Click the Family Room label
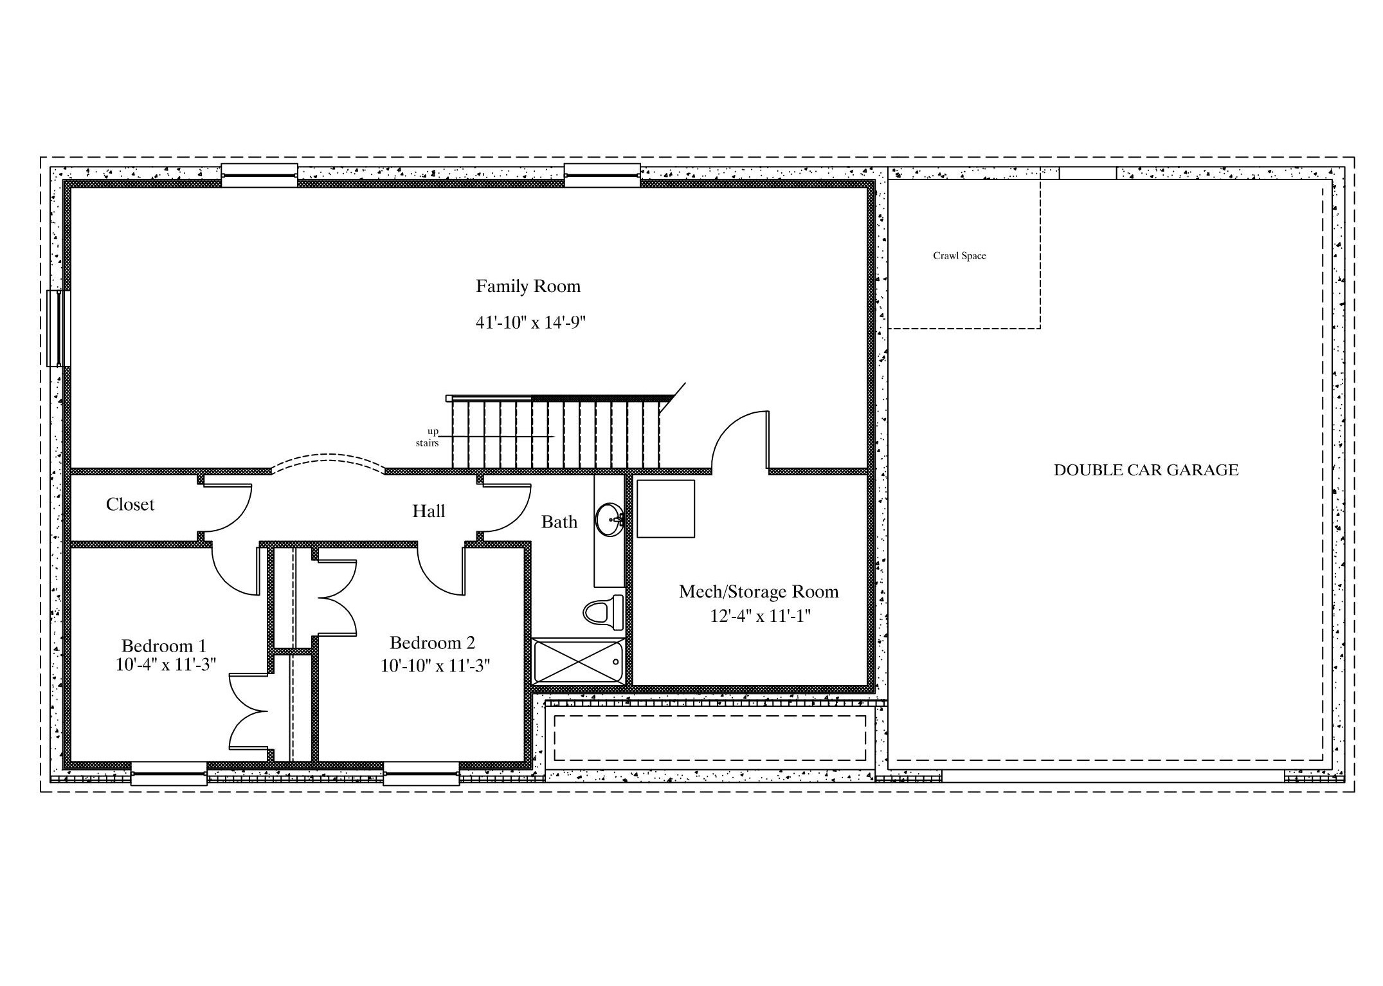point(528,286)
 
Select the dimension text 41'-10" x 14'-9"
point(530,322)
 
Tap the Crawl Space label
point(959,256)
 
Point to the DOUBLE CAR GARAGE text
point(1146,470)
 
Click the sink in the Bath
point(609,519)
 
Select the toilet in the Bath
point(604,612)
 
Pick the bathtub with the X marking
point(579,661)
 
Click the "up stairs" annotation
point(428,437)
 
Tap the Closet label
point(130,505)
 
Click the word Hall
point(428,511)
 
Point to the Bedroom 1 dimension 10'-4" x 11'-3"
point(165,664)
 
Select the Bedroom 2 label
point(432,643)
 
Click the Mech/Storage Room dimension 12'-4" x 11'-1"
point(760,616)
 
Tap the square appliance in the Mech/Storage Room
point(665,509)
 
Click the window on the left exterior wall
point(59,329)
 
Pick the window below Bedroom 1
point(169,774)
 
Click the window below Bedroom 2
point(422,774)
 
